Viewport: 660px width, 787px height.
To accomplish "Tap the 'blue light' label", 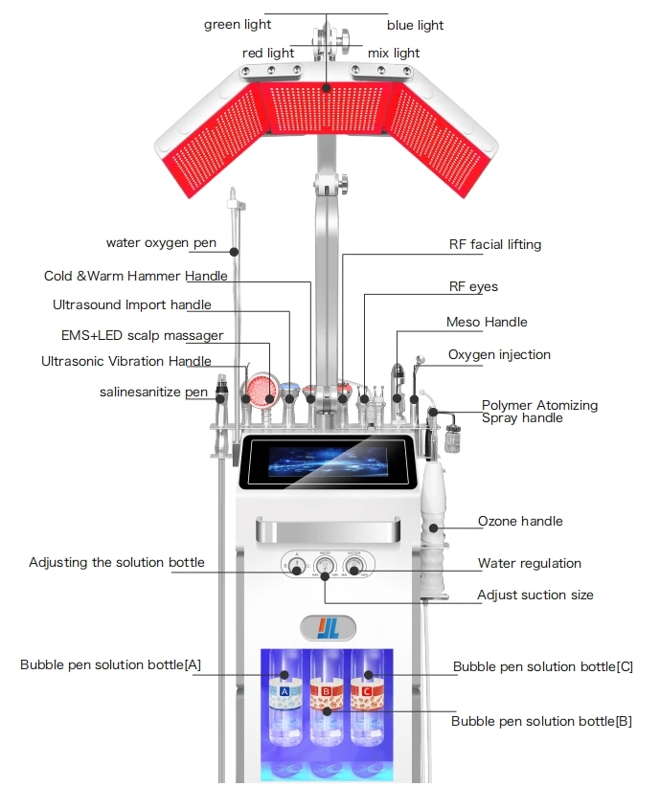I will pos(415,25).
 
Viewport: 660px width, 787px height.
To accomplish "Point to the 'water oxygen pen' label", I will pos(161,243).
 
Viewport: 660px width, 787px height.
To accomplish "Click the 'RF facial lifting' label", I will pos(494,244).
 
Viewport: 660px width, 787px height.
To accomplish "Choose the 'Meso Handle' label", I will pos(487,322).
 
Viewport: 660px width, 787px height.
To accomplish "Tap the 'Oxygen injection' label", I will pos(499,354).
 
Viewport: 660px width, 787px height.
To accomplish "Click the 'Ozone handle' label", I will pos(520,521).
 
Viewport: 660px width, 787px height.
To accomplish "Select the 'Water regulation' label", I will pos(529,563).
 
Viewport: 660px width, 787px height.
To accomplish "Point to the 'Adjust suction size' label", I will pos(535,595).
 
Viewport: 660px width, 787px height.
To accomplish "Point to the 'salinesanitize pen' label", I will pos(153,392).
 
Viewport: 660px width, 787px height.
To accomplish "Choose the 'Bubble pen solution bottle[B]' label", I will pos(541,721).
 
